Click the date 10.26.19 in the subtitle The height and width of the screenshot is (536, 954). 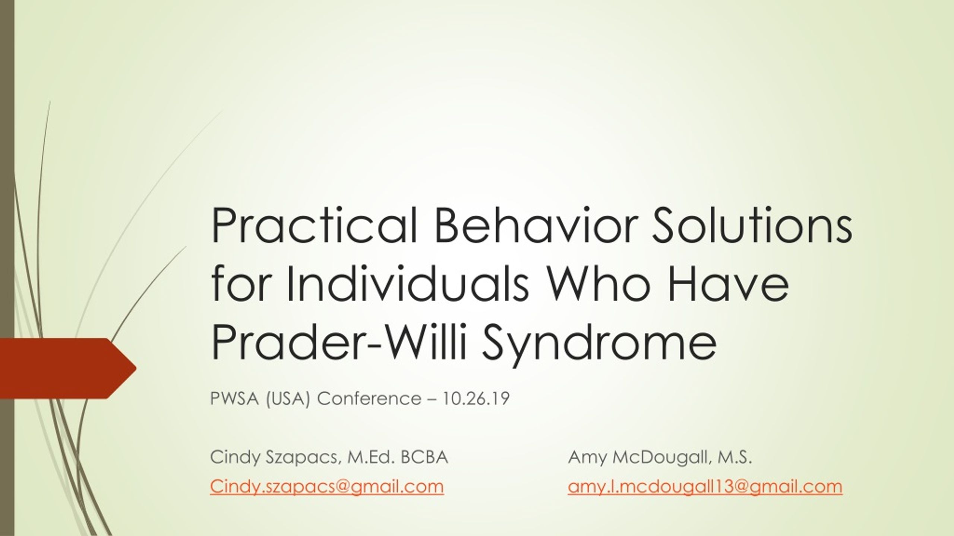pos(476,399)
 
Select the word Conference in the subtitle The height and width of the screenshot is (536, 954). pos(369,399)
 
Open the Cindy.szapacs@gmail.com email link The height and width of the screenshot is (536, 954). pos(327,486)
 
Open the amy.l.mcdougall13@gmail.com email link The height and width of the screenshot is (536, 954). pos(705,486)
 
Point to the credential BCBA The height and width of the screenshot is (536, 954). pos(424,457)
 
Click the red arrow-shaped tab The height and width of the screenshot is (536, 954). pos(67,368)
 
